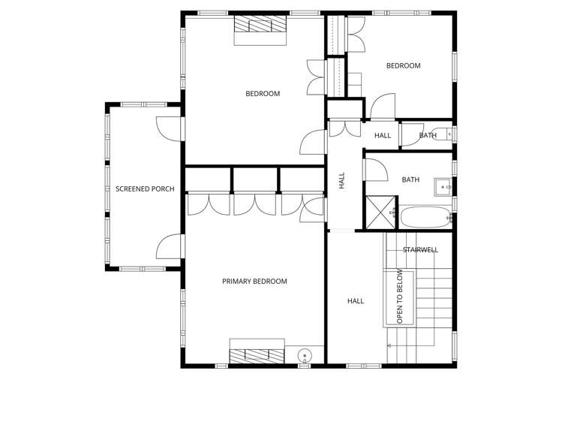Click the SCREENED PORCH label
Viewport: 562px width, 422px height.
(x=145, y=188)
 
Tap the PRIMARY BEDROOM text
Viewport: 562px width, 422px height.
(x=254, y=282)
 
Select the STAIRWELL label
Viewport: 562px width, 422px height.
(x=420, y=250)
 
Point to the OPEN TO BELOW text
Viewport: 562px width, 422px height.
(x=400, y=296)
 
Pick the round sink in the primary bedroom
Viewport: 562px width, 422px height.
(x=305, y=356)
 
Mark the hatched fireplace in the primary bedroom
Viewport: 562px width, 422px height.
(x=257, y=356)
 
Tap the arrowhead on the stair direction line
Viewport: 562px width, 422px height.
(x=389, y=345)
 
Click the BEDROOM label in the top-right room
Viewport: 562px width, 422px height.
(x=403, y=66)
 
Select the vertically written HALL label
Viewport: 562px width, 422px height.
(x=342, y=180)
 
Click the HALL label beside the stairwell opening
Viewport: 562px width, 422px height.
(x=356, y=301)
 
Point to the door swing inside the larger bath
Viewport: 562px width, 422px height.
(x=375, y=169)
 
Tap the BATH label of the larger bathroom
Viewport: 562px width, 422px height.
(x=410, y=180)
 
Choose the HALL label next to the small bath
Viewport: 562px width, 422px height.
(x=383, y=136)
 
